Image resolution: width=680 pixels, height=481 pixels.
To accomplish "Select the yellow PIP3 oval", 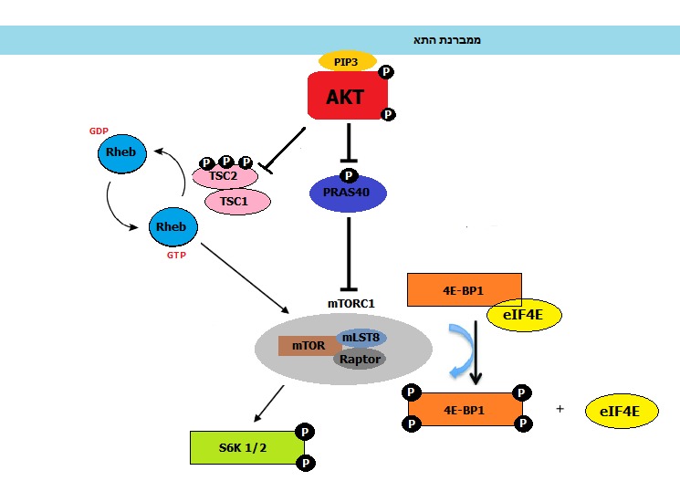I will pos(346,61).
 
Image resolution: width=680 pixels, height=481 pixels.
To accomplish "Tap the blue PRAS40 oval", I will pos(348,193).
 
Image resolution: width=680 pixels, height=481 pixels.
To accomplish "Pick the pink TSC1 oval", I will pos(236,202).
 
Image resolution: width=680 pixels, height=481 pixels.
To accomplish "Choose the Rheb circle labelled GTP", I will pos(171,226).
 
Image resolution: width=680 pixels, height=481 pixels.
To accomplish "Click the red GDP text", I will pos(99,131).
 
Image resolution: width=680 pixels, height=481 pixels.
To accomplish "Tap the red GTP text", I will pos(176,256).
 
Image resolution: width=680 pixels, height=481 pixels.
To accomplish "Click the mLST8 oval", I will pos(362,338).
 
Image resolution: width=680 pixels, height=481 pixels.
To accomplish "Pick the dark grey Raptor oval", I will pos(360,359).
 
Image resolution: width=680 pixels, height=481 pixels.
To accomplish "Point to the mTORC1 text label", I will pos(351,302).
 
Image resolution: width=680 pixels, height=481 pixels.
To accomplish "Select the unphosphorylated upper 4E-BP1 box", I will pos(463,288).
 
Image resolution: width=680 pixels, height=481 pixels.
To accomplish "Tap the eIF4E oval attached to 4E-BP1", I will pos(524,315).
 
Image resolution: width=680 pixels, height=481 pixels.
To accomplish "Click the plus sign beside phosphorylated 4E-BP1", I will pos(559,409).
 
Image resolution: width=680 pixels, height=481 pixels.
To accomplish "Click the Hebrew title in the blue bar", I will pos(447,41).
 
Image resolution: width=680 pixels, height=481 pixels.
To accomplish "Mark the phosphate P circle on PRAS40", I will pos(348,175).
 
